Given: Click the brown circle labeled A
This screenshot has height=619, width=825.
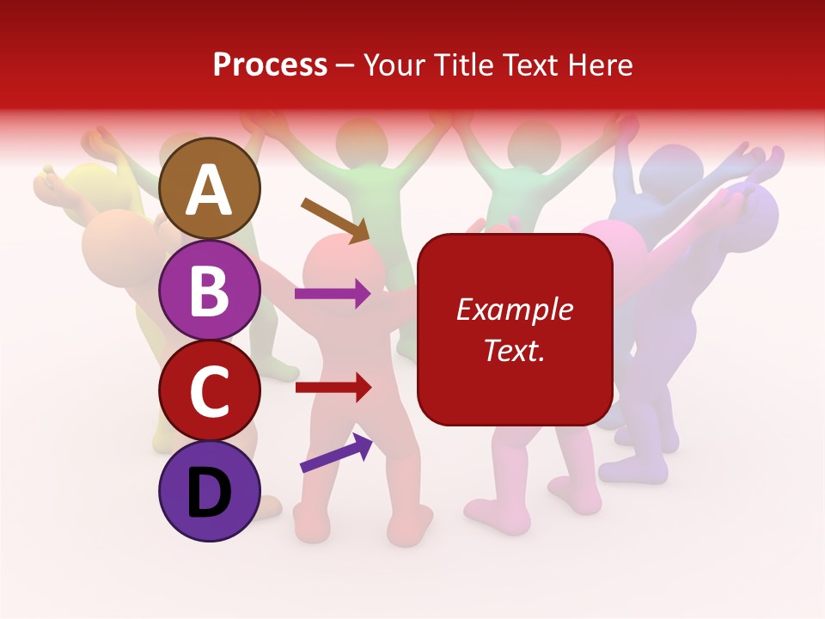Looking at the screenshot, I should point(210,188).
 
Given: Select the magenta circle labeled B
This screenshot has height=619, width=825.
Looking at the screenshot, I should point(210,290).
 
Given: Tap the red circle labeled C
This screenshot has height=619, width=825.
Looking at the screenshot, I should point(210,390).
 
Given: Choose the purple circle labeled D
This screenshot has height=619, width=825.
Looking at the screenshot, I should point(210,491).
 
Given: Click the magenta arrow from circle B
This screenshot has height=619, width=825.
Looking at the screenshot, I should point(333,294).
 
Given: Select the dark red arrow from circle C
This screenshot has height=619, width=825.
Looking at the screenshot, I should point(333,388).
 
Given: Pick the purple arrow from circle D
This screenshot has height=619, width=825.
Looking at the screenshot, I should point(336,453).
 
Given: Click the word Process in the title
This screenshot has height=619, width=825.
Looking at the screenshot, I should point(270,64).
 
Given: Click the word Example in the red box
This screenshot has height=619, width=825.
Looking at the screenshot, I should point(514,309).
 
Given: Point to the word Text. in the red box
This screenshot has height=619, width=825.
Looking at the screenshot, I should point(514,350).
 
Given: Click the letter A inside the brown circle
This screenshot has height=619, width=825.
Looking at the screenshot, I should point(210,190).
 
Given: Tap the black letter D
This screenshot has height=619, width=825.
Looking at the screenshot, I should point(210,493).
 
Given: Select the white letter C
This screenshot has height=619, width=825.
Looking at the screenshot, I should point(210,391).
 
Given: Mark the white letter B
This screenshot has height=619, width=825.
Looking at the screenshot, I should point(210,291).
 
